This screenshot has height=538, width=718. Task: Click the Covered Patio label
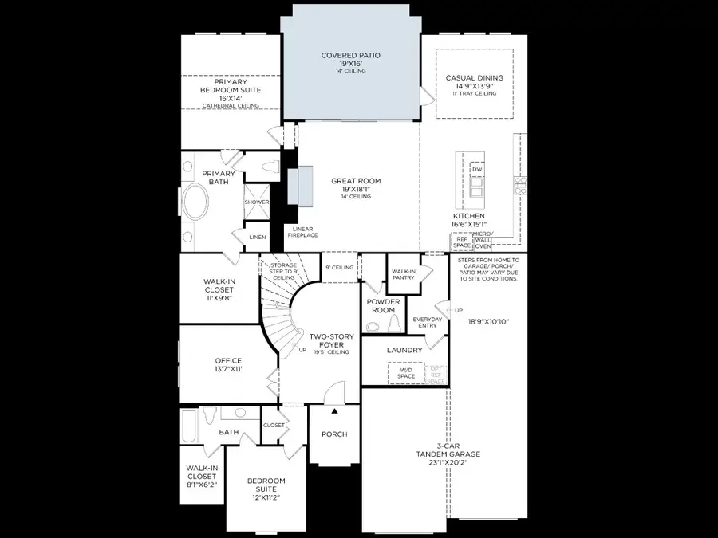pyautogui.click(x=350, y=61)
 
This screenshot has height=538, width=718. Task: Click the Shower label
pyautogui.click(x=256, y=202)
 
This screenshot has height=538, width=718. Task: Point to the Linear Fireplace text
pyautogui.click(x=300, y=231)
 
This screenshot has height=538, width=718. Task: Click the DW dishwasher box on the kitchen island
pyautogui.click(x=477, y=170)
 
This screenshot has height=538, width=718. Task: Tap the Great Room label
pyautogui.click(x=356, y=186)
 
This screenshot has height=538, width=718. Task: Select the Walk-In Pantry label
pyautogui.click(x=404, y=275)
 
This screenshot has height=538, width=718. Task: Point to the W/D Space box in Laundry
pyautogui.click(x=406, y=372)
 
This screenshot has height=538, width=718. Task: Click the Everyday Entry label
pyautogui.click(x=427, y=323)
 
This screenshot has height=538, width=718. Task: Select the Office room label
pyautogui.click(x=228, y=365)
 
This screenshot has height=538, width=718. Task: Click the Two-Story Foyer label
pyautogui.click(x=331, y=342)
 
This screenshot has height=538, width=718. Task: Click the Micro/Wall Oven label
pyautogui.click(x=483, y=240)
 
